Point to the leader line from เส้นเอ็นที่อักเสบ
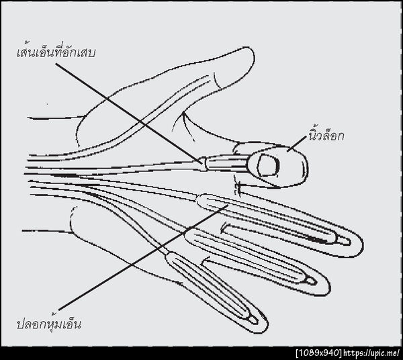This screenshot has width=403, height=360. [x=128, y=114]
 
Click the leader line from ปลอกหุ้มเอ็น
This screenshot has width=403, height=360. [x=144, y=257]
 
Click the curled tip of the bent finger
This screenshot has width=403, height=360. [x=306, y=167]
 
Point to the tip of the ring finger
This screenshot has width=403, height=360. [x=328, y=285]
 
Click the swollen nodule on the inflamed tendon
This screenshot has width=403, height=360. [x=204, y=164]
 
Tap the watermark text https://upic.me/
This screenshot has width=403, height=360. [x=371, y=353]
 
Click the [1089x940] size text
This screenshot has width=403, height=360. [x=319, y=353]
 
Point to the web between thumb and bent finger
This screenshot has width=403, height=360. [x=183, y=113]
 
